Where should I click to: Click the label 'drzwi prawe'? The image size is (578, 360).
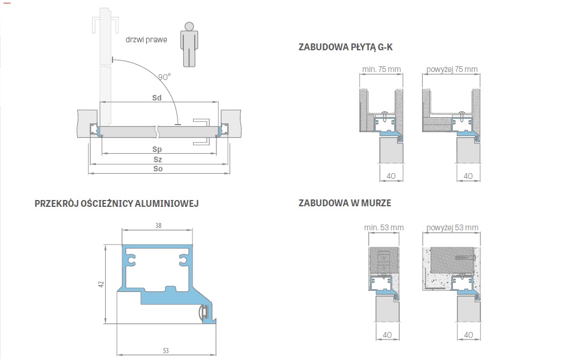[146, 39]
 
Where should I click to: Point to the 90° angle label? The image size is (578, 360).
[164, 77]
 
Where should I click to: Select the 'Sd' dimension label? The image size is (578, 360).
[156, 98]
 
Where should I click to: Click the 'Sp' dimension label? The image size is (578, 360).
[157, 149]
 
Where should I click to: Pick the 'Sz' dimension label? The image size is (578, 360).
[158, 159]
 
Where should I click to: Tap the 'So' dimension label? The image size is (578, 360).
[158, 169]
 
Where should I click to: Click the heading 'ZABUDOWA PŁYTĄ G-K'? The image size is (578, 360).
[346, 47]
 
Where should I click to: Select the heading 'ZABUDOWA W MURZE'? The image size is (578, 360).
[344, 203]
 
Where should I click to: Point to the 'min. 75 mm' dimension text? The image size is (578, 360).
[381, 69]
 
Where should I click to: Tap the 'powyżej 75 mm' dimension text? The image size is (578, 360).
[452, 69]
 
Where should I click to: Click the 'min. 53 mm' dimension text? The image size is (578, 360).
[384, 227]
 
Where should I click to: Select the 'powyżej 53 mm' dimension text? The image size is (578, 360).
[452, 227]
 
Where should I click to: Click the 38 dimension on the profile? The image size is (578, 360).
[158, 225]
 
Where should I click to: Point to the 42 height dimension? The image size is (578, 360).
[101, 284]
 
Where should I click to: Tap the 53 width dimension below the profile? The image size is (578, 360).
[166, 350]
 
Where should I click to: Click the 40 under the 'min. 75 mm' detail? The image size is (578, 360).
[391, 176]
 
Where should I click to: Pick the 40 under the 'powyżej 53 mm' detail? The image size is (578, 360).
[468, 335]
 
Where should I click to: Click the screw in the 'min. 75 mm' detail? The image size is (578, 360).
[384, 116]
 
